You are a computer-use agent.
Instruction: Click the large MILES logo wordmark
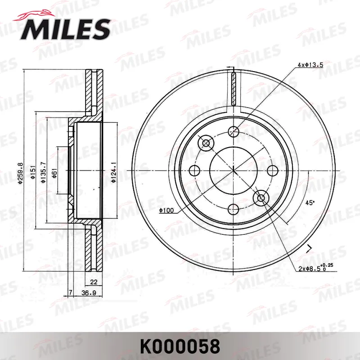pos(65,29)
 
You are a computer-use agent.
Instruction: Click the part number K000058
pos(180,346)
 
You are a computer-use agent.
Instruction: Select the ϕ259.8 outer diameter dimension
pos(20,173)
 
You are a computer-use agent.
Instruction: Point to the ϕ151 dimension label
pos(32,172)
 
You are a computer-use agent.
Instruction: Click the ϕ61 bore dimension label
pos(54,173)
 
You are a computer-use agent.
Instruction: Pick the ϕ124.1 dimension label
pos(114,172)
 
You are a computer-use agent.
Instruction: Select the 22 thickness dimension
pos(94,282)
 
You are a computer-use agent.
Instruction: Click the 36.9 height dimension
pos(89,293)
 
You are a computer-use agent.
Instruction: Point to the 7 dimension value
pos(71,292)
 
